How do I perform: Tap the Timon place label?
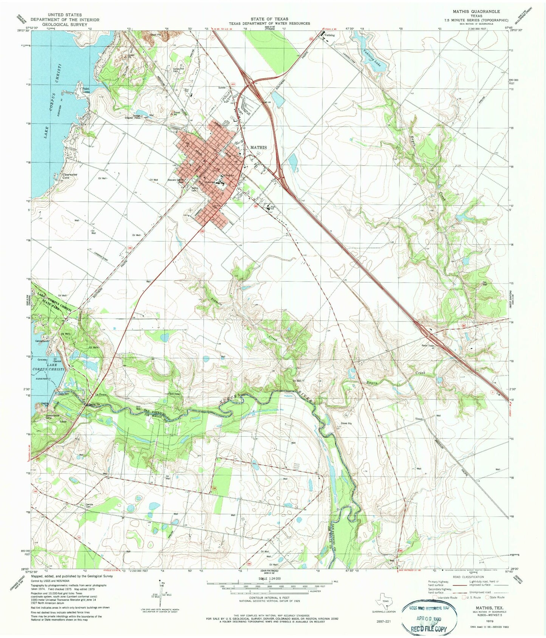[419, 419]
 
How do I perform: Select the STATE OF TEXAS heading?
[269, 19]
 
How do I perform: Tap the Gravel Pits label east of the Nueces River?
[346, 423]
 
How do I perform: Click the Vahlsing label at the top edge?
[329, 35]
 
